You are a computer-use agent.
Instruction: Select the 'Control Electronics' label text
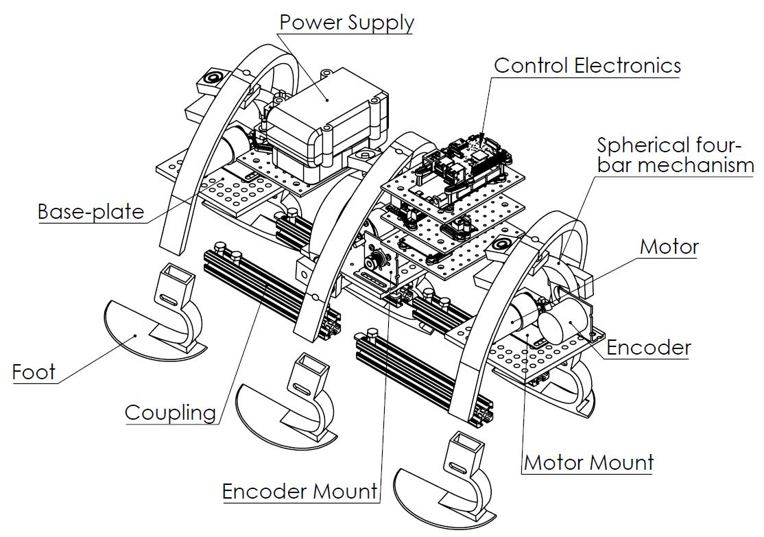(587, 66)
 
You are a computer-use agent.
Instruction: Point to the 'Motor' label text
(669, 247)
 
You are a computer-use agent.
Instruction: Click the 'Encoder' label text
(649, 348)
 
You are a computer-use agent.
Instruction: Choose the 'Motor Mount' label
(588, 463)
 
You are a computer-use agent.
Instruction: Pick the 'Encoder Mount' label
(300, 491)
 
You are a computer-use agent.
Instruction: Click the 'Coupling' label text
(170, 413)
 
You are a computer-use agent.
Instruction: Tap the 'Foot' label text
(34, 372)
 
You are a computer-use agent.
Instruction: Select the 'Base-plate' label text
(91, 211)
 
